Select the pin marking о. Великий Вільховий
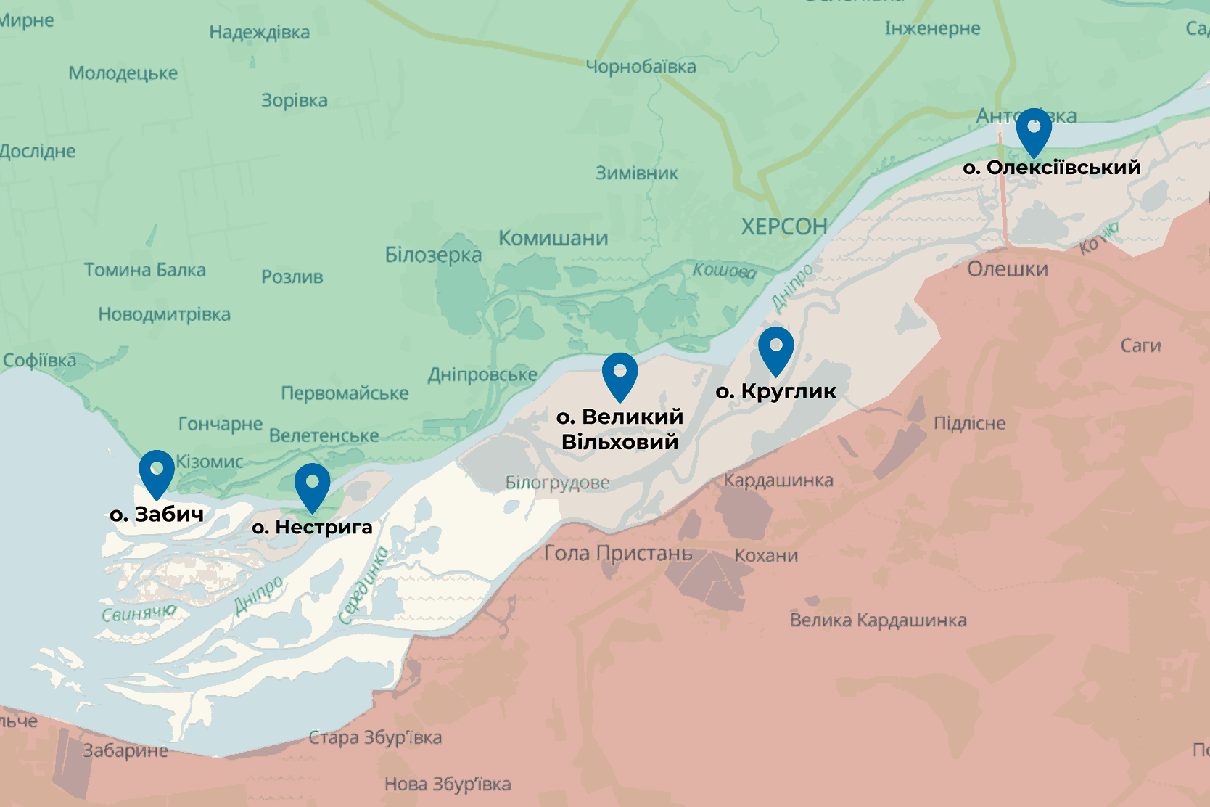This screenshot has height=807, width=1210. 620,373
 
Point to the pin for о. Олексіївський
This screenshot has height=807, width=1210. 1034,128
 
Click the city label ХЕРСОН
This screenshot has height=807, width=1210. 784,226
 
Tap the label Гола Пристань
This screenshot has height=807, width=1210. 618,553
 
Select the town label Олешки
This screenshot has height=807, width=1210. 1008,269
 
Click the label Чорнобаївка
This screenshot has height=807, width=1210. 641,67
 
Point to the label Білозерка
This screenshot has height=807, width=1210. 433,255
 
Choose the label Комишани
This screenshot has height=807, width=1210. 553,238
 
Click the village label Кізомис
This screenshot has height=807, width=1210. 210,462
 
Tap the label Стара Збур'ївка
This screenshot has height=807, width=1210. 375,737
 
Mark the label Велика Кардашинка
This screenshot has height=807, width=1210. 878,620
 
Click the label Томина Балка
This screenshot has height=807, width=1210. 145,270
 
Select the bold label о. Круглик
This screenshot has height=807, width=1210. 775,392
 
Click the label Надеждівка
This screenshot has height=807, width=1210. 260,32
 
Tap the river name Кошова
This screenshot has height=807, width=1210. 724,271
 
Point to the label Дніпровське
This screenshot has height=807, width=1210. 482,374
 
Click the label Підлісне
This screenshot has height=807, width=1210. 969,423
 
